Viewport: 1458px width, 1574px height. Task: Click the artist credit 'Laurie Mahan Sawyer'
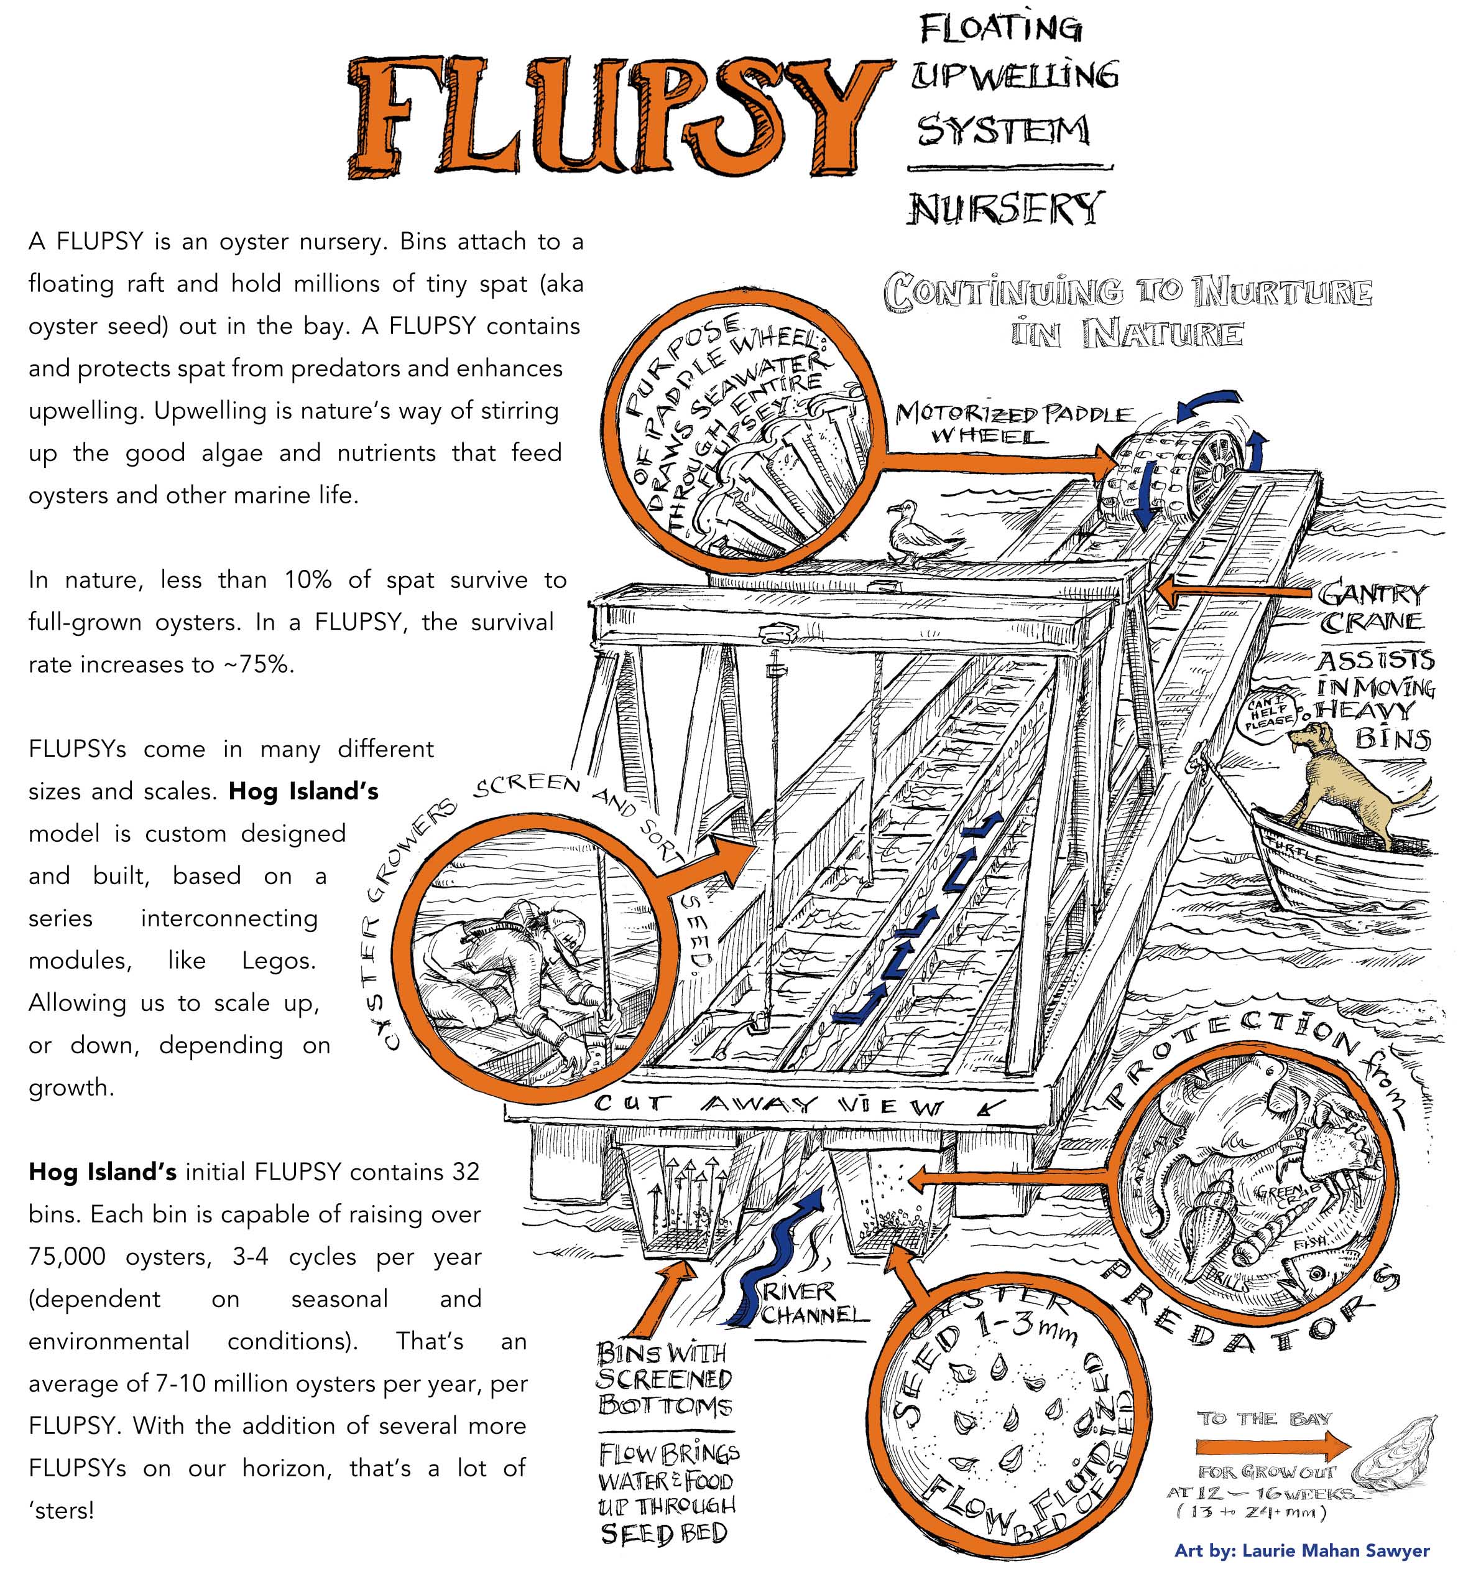click(x=1302, y=1550)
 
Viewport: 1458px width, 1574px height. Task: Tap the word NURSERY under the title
click(x=1005, y=208)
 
